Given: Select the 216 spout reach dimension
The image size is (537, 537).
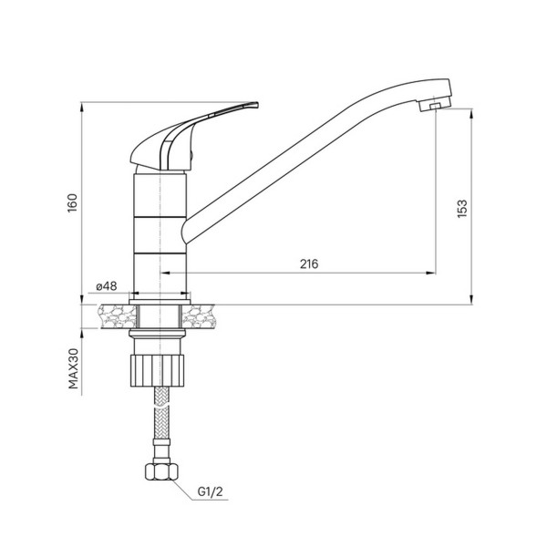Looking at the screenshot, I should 307,263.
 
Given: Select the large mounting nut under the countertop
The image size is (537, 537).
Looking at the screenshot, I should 160,367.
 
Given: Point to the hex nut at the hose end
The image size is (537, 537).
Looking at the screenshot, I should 160,473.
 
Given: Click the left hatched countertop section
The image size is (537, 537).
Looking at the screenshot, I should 113,315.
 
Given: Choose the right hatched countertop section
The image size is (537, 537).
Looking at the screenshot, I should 208,315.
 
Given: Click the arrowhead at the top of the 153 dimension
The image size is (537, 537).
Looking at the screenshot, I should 471,113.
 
